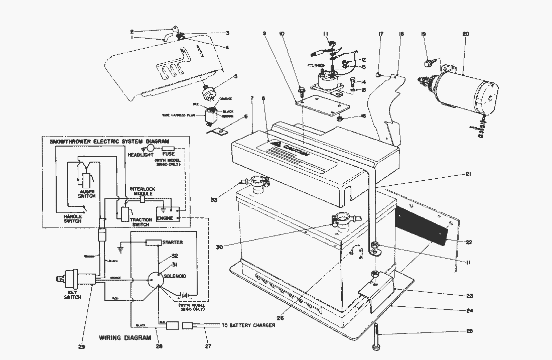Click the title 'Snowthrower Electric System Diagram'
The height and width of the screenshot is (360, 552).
click(x=109, y=142)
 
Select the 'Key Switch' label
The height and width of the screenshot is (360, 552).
click(x=72, y=295)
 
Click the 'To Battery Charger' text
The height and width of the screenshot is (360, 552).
click(x=248, y=326)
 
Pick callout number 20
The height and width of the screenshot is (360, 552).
click(x=465, y=34)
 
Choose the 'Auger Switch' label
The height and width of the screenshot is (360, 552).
click(x=86, y=194)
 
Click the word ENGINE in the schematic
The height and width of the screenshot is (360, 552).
click(x=165, y=219)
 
